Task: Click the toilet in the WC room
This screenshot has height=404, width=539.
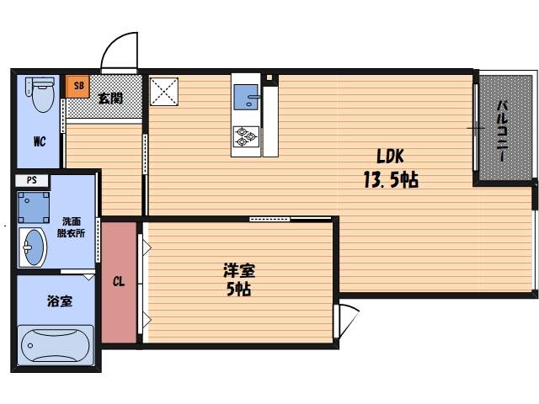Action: tap(40, 94)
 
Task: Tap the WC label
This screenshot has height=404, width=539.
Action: tap(40, 141)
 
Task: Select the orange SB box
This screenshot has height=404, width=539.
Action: tap(77, 86)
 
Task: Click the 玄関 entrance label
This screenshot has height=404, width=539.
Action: tap(110, 98)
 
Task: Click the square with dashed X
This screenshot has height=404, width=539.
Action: tap(164, 92)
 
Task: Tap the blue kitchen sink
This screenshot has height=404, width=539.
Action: tap(246, 98)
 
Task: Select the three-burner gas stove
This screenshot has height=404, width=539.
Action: tap(246, 136)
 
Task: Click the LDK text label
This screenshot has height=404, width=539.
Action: tap(390, 157)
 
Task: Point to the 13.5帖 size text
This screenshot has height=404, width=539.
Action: tap(391, 179)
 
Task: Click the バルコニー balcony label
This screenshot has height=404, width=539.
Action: tap(502, 130)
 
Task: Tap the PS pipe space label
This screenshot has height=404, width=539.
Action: tap(32, 180)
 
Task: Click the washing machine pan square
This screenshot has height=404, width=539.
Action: tap(34, 208)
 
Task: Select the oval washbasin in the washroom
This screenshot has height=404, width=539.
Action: tap(33, 247)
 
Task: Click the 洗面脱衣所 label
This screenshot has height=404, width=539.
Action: tap(71, 227)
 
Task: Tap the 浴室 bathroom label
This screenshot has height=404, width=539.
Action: tap(60, 301)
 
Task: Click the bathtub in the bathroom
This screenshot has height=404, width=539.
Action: tap(56, 345)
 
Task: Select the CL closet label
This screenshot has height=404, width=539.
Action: tap(119, 282)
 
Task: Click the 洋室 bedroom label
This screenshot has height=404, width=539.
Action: tap(239, 270)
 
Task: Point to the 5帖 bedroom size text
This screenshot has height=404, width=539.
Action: tap(238, 289)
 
